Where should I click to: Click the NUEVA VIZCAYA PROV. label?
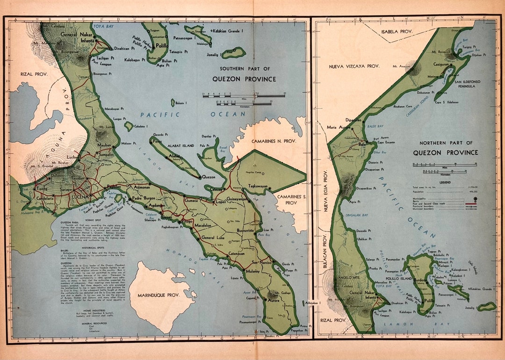[x=353, y=66]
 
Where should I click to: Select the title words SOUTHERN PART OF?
[x=244, y=69]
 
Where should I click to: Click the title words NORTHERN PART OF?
[x=446, y=143]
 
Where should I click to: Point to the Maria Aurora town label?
[x=339, y=127]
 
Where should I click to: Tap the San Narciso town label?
[x=262, y=262]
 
